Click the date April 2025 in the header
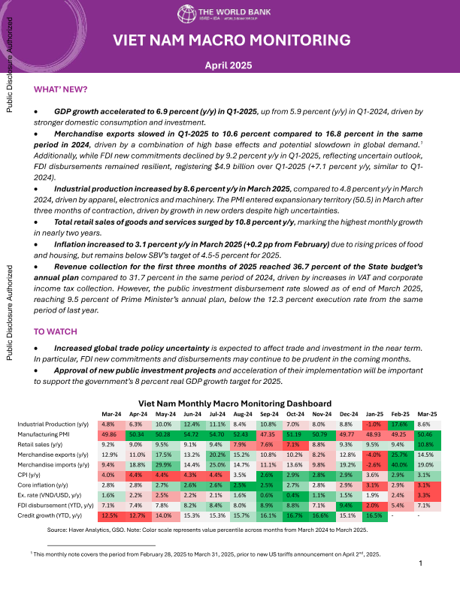230,66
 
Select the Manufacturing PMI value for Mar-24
107,434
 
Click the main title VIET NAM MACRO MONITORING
230,41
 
